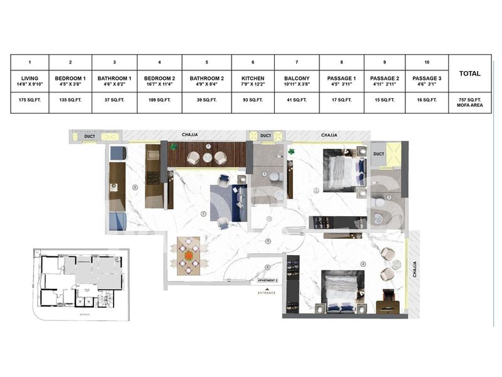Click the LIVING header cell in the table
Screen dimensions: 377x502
[29, 80]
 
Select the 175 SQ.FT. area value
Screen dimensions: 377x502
[29, 101]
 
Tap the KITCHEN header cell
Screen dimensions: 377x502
[253, 80]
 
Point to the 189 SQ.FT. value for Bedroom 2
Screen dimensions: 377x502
[159, 101]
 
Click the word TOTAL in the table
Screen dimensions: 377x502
[470, 74]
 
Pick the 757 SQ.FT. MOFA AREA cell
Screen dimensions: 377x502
[470, 103]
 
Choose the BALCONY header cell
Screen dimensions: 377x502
[297, 80]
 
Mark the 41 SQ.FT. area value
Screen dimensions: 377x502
[297, 101]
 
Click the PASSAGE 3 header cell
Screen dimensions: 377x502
[427, 80]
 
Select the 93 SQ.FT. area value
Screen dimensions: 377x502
[253, 101]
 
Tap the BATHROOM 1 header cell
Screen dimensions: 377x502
[114, 80]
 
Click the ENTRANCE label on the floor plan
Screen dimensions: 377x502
[266, 293]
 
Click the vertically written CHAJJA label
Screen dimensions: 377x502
[414, 270]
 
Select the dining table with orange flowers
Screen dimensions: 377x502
[188, 256]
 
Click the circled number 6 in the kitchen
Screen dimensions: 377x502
[135, 187]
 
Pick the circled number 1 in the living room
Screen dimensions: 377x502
[203, 214]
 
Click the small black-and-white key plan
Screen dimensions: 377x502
[80, 283]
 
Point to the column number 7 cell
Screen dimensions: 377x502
[297, 63]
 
